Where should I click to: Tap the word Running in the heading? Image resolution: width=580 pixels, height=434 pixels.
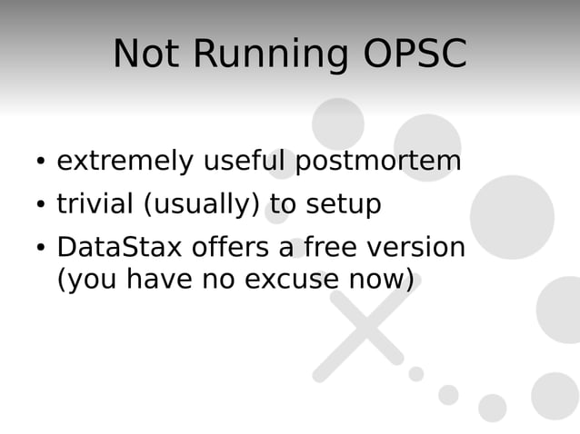[x=270, y=55]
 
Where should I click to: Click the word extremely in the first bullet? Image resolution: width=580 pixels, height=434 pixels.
[x=125, y=163]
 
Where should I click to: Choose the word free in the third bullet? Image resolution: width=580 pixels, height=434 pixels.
[x=332, y=247]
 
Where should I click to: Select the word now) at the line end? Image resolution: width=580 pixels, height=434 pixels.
[x=382, y=280]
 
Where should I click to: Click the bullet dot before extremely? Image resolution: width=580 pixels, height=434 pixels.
[x=41, y=163]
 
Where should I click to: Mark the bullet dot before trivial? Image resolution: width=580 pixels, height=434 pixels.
[x=41, y=206]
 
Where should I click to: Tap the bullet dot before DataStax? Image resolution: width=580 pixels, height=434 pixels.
[x=41, y=249]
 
